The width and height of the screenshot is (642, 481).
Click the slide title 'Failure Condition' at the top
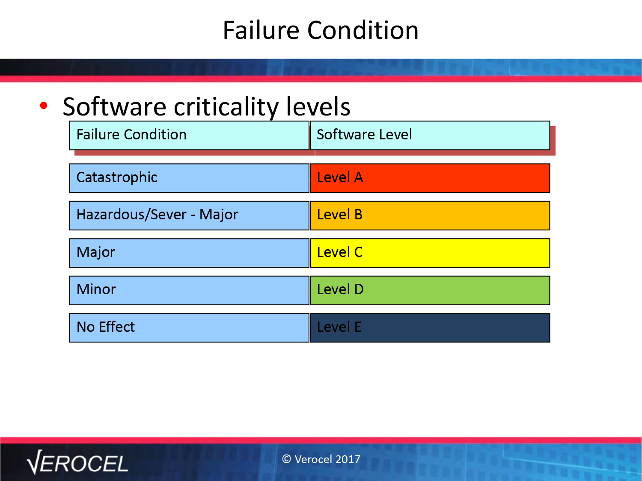pyautogui.click(x=321, y=30)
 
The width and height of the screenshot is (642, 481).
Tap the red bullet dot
pyautogui.click(x=44, y=106)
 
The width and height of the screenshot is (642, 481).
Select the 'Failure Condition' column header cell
pyautogui.click(x=189, y=136)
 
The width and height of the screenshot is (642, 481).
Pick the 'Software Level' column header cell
pyautogui.click(x=430, y=136)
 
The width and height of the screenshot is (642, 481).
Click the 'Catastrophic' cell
pyautogui.click(x=189, y=178)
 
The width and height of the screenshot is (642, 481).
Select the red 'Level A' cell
pyautogui.click(x=430, y=178)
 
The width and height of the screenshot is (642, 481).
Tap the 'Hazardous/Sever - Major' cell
pyautogui.click(x=189, y=215)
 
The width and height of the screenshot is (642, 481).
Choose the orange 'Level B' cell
pyautogui.click(x=430, y=215)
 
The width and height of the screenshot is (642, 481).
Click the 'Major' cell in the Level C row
pyautogui.click(x=189, y=253)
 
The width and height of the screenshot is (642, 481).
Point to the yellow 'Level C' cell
pyautogui.click(x=430, y=253)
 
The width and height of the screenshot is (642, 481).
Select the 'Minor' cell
pyautogui.click(x=189, y=290)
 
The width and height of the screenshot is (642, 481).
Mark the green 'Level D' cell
pyautogui.click(x=430, y=290)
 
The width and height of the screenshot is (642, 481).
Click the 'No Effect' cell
pyautogui.click(x=189, y=328)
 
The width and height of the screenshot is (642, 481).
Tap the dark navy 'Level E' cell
pyautogui.click(x=430, y=328)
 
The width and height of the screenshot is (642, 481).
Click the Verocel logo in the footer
pyautogui.click(x=77, y=462)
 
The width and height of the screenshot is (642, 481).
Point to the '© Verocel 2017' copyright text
pyautogui.click(x=321, y=459)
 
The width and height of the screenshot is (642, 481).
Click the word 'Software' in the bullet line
pyautogui.click(x=114, y=107)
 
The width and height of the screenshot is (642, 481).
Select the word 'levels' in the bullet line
pyautogui.click(x=318, y=107)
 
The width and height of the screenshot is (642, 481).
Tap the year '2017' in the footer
pyautogui.click(x=348, y=459)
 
